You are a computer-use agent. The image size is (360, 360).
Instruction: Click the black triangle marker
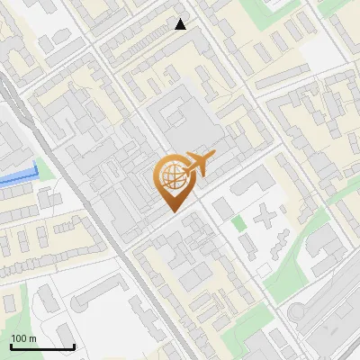point(182,24)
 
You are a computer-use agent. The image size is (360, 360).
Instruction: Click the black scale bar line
point(42,346)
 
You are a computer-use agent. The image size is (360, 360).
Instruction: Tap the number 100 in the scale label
point(21,338)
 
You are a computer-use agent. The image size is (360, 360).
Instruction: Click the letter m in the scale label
point(34,338)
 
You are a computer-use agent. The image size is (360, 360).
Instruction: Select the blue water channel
point(18,177)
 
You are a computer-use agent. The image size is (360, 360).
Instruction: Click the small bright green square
point(238,222)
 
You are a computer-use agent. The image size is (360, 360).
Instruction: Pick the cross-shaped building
point(266,216)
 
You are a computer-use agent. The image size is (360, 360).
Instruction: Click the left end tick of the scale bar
point(11,346)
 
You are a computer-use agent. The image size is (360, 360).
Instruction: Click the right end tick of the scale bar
point(74,346)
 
